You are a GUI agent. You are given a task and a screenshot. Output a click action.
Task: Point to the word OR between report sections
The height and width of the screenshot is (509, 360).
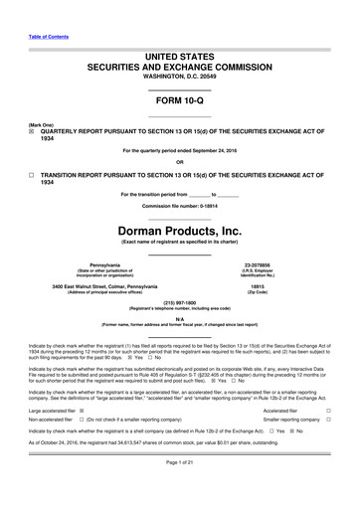(179, 162)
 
